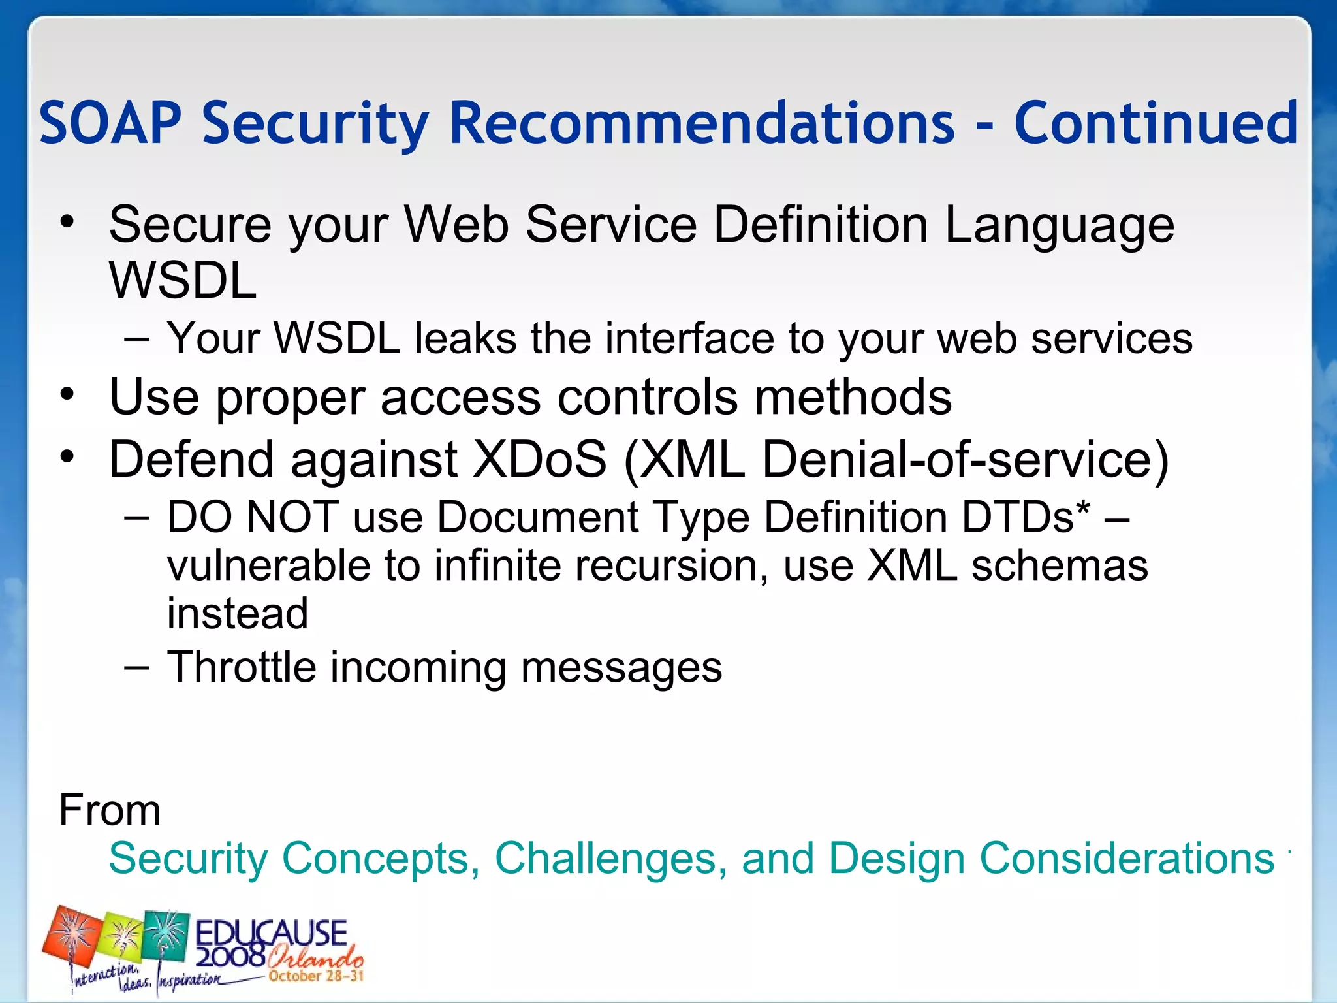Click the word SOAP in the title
[110, 123]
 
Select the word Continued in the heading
[1156, 123]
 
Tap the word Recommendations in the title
[702, 123]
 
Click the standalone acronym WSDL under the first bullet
[183, 281]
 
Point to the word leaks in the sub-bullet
[465, 339]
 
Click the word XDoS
[540, 460]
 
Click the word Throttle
[240, 667]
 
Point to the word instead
[238, 614]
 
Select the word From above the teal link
[110, 810]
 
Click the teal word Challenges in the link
[610, 858]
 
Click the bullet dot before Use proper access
[67, 394]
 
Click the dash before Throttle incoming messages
[136, 667]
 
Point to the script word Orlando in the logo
[315, 959]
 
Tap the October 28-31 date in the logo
[315, 976]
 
